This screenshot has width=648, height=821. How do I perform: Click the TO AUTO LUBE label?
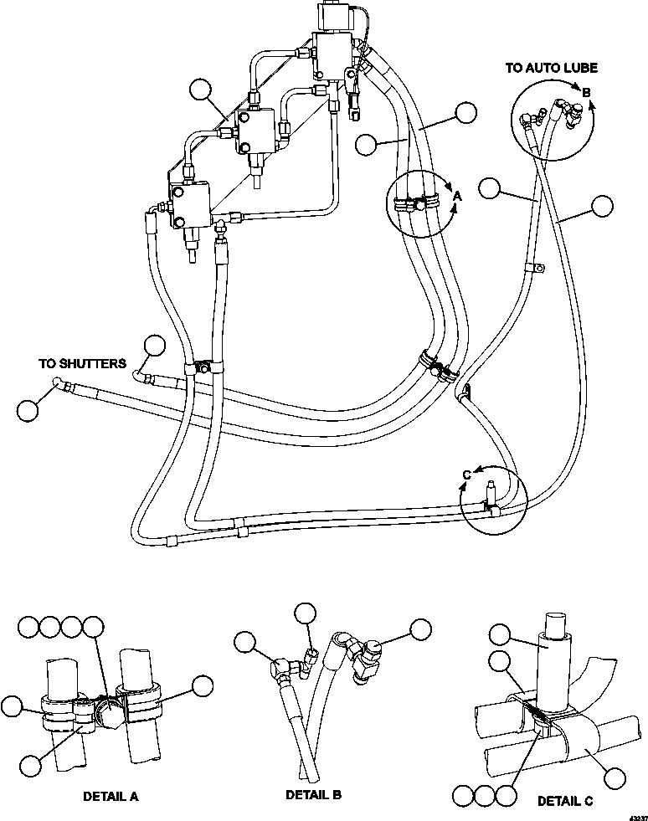(x=551, y=67)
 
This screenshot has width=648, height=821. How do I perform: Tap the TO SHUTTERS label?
(x=82, y=364)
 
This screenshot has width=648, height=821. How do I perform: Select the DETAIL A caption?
(x=111, y=796)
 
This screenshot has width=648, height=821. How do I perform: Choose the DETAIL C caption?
(x=565, y=801)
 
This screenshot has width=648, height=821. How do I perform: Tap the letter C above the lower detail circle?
(x=467, y=476)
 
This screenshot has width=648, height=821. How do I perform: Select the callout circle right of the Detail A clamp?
(x=203, y=685)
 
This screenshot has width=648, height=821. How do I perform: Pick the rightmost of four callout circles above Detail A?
(x=93, y=625)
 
